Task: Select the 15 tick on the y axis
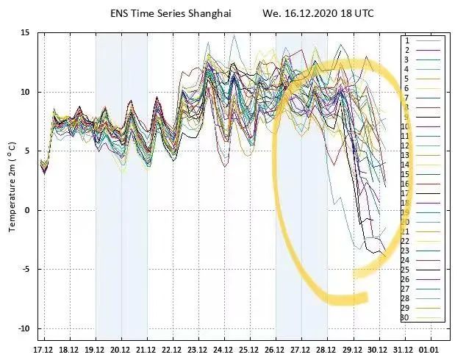[24, 33]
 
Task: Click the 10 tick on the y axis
[24, 92]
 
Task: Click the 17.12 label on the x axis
[43, 349]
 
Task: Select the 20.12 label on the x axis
[121, 349]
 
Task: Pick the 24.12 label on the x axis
[223, 349]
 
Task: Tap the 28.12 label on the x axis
[326, 349]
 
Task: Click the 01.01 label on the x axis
[429, 349]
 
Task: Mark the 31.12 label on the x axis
[404, 349]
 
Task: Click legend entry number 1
[406, 40]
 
